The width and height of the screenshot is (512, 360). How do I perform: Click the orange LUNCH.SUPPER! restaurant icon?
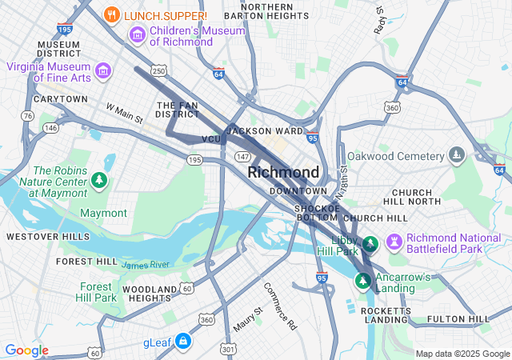point(112,15)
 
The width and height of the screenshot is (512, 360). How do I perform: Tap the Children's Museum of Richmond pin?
point(137,35)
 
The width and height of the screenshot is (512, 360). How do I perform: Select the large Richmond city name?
point(283,173)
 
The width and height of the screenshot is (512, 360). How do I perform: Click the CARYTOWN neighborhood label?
point(60,99)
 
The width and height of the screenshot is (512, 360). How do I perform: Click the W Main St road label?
point(124,113)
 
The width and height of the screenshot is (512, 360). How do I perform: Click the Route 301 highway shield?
point(229,348)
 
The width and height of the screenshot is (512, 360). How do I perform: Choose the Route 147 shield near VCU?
point(242,155)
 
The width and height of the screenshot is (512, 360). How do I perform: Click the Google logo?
point(26,350)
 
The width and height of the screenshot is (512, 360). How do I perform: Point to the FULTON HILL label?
point(459,319)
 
